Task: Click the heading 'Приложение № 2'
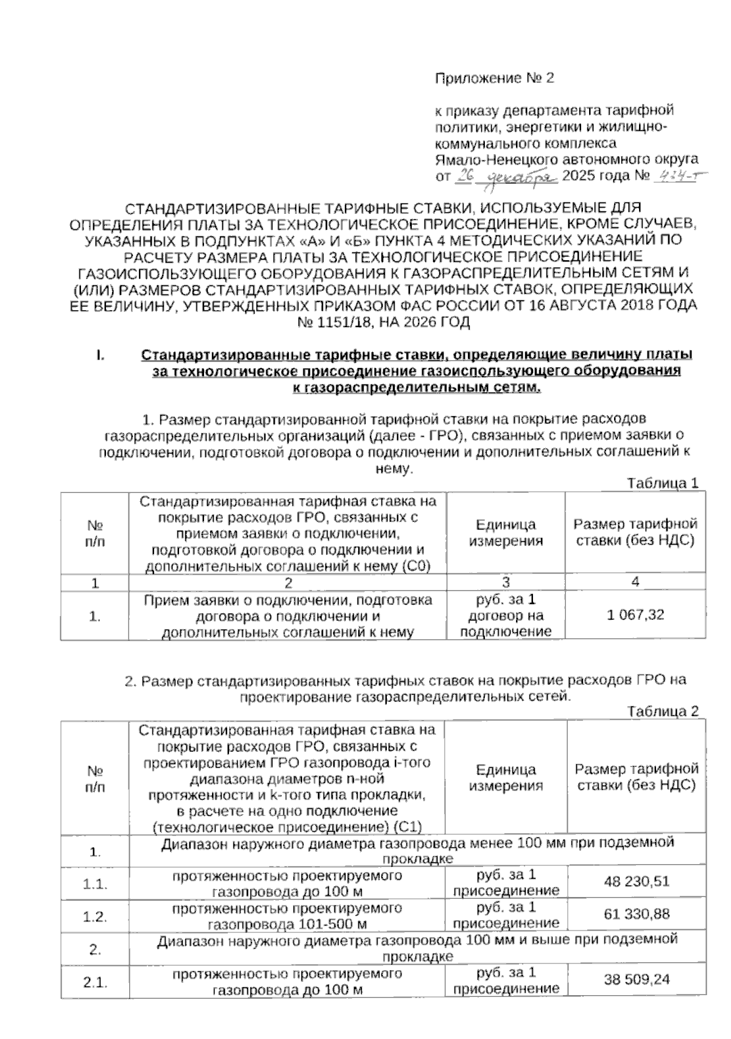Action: [494, 79]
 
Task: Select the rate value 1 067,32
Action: [635, 615]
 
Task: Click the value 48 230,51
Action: [637, 881]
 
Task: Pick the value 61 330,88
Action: [637, 914]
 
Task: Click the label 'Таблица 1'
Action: [662, 483]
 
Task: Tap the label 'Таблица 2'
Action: [662, 711]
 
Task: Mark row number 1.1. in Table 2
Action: [95, 884]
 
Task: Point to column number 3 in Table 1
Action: [506, 582]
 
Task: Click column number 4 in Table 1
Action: [635, 582]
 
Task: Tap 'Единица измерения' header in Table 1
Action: [506, 533]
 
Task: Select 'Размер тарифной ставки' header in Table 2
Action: [637, 777]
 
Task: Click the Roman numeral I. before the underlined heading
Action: [99, 355]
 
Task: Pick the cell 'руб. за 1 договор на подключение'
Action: [506, 615]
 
